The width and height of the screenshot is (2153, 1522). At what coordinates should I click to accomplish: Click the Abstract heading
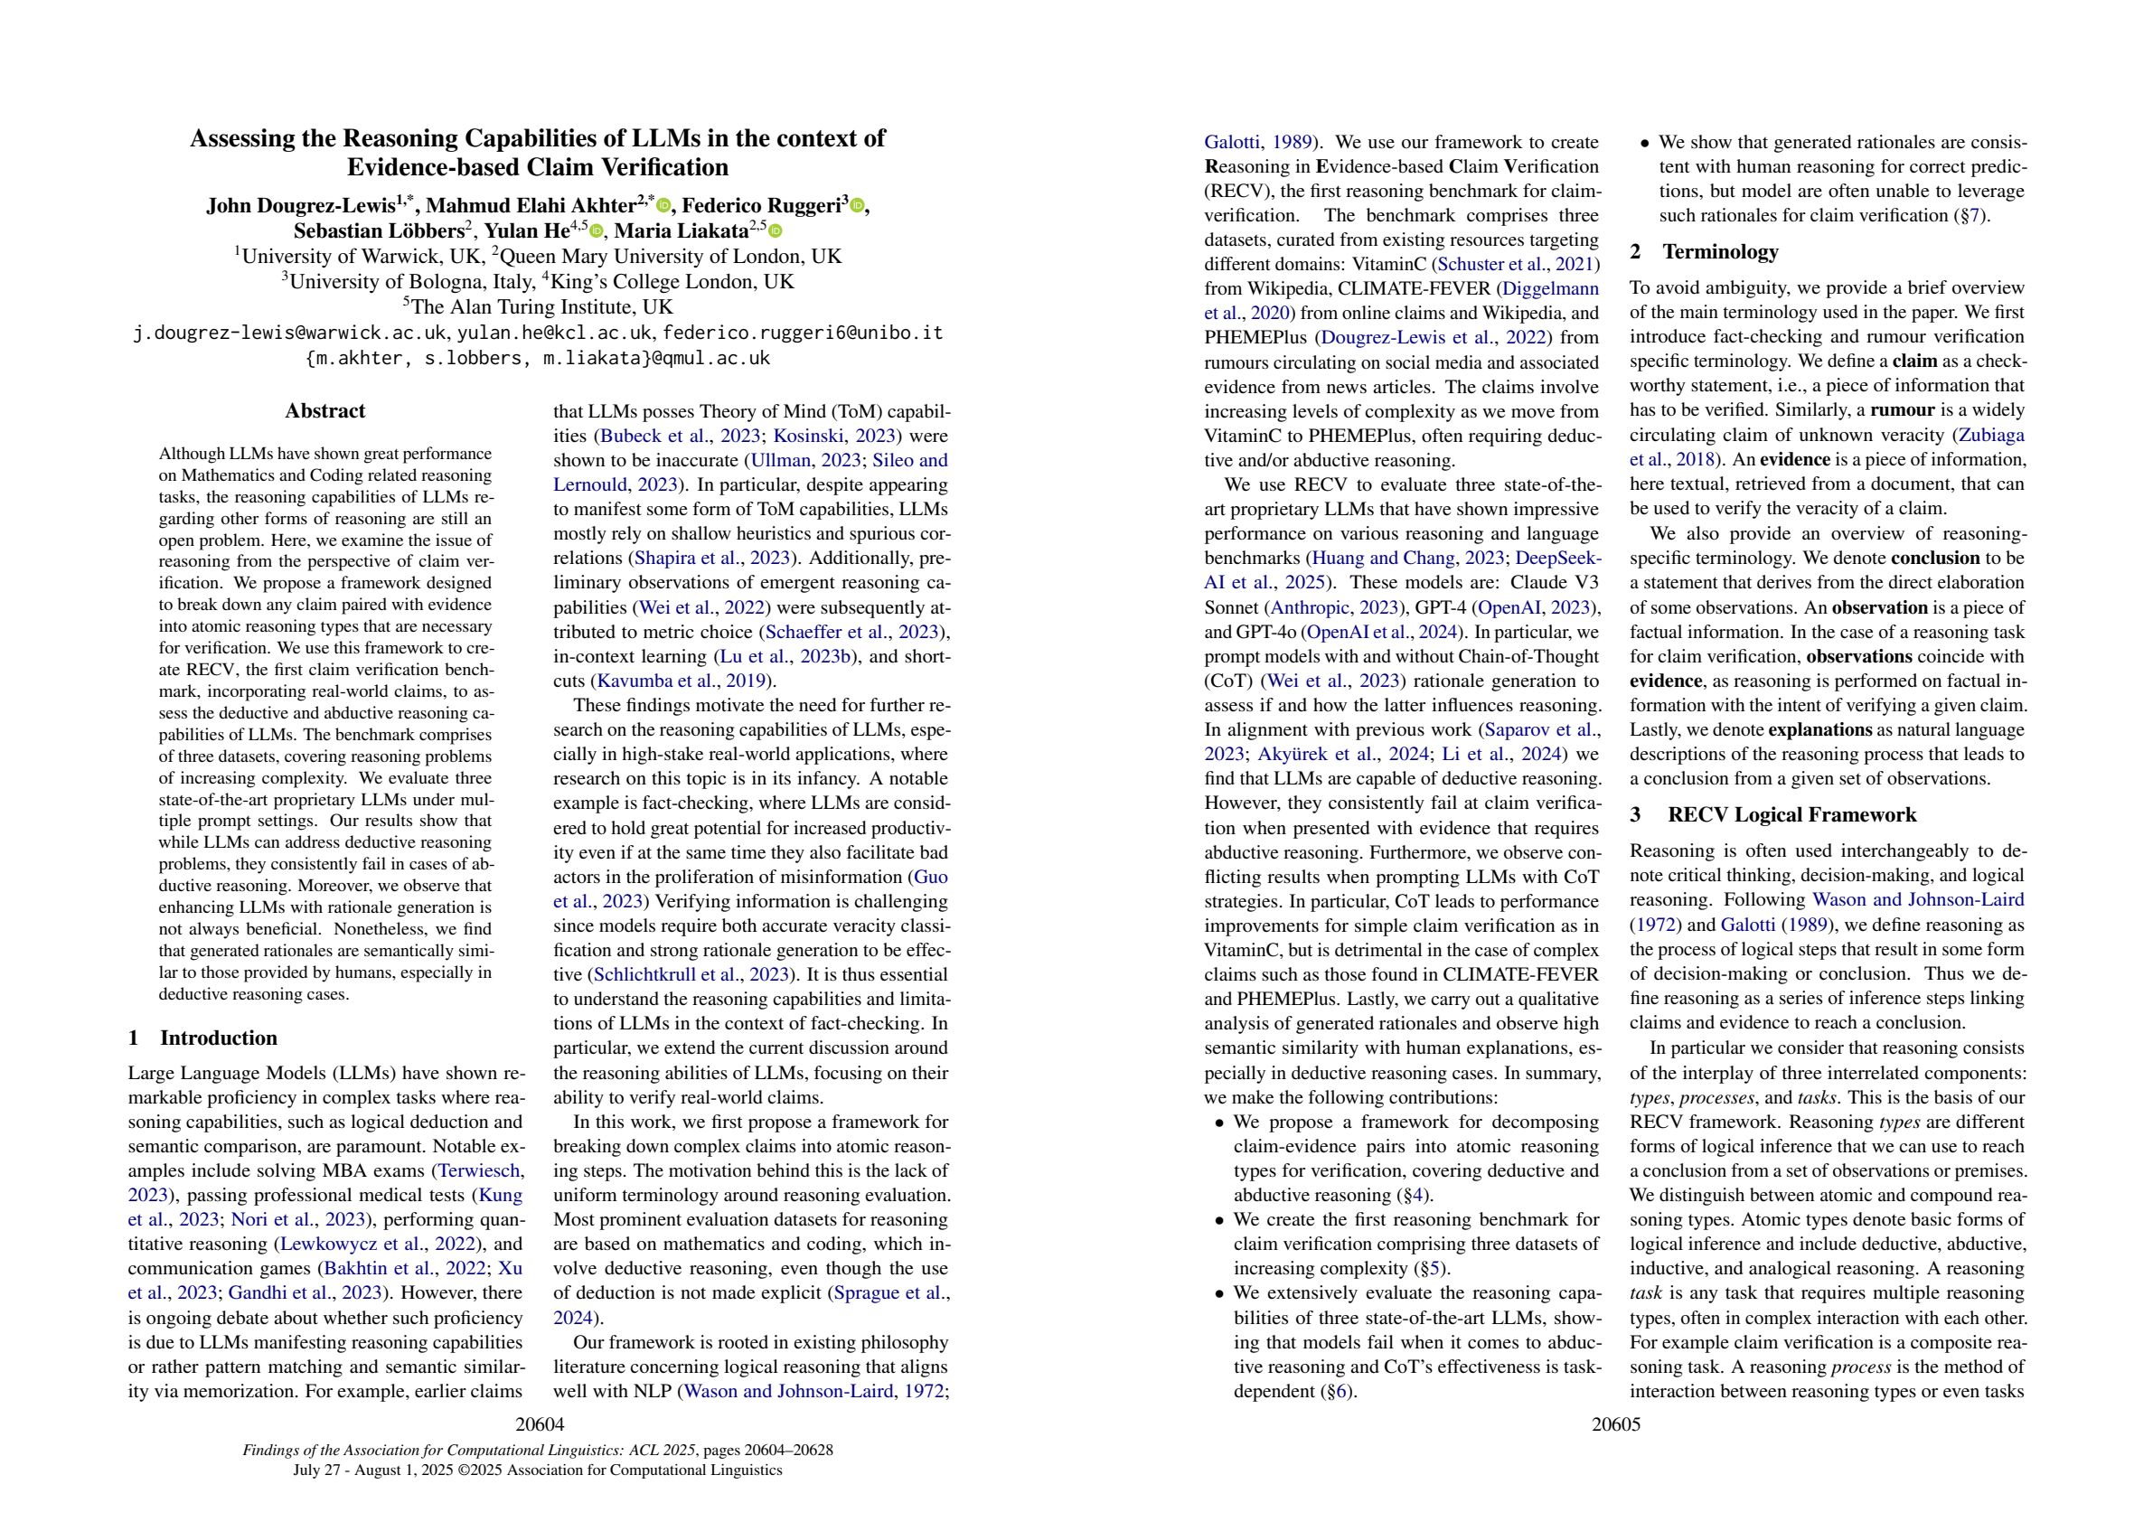(324, 410)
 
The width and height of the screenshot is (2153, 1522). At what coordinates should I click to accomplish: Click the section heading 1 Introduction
(202, 1038)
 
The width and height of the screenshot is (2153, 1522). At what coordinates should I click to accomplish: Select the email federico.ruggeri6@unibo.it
(803, 333)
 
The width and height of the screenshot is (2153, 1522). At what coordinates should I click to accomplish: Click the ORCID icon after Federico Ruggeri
(856, 205)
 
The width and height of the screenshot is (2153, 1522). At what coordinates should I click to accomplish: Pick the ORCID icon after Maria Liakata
(775, 230)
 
